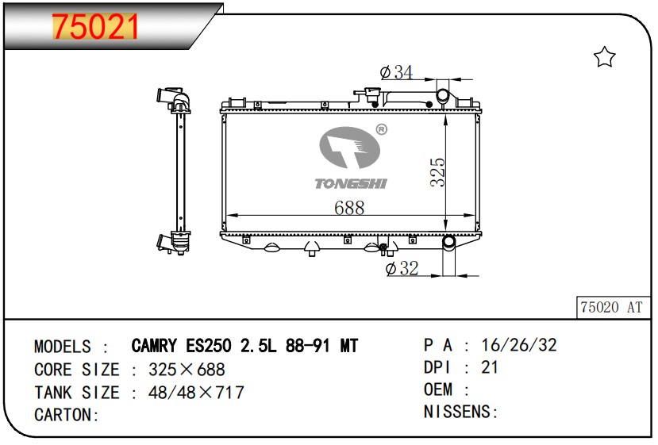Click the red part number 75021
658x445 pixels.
[95, 26]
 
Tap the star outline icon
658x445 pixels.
[605, 56]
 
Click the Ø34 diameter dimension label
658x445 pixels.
[397, 72]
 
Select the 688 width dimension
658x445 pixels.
[349, 208]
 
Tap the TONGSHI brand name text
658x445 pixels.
[351, 183]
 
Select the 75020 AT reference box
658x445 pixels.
[611, 307]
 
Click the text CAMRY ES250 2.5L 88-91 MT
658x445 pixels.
[244, 347]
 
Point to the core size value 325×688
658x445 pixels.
[182, 370]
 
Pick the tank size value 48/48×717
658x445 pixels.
[191, 393]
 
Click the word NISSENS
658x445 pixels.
[458, 412]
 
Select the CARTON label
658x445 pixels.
[66, 415]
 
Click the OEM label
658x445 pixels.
[438, 389]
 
